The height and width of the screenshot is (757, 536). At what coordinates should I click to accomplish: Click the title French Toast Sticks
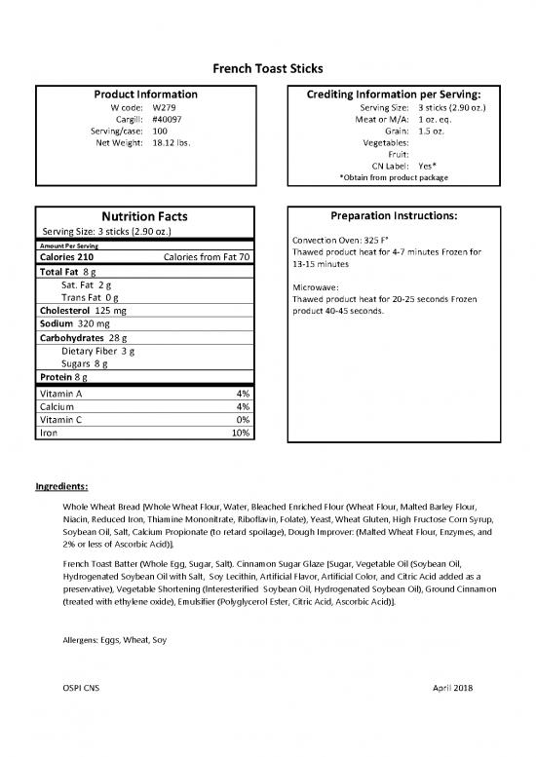(x=268, y=67)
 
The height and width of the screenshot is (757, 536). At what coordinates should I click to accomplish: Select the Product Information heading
(x=145, y=95)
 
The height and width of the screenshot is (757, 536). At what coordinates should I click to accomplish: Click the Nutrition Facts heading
(x=145, y=216)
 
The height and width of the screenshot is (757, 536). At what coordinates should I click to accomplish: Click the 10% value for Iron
(x=240, y=432)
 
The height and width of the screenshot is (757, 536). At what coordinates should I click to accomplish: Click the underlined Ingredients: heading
(x=62, y=485)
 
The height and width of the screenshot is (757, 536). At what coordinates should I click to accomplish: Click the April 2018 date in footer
(x=452, y=716)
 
